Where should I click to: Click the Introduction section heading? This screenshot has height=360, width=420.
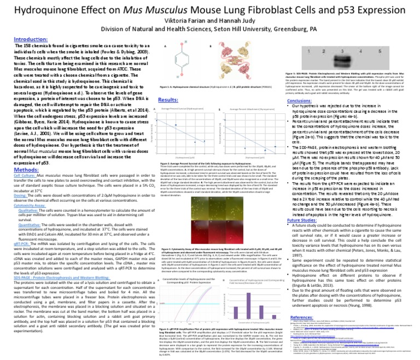30,39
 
